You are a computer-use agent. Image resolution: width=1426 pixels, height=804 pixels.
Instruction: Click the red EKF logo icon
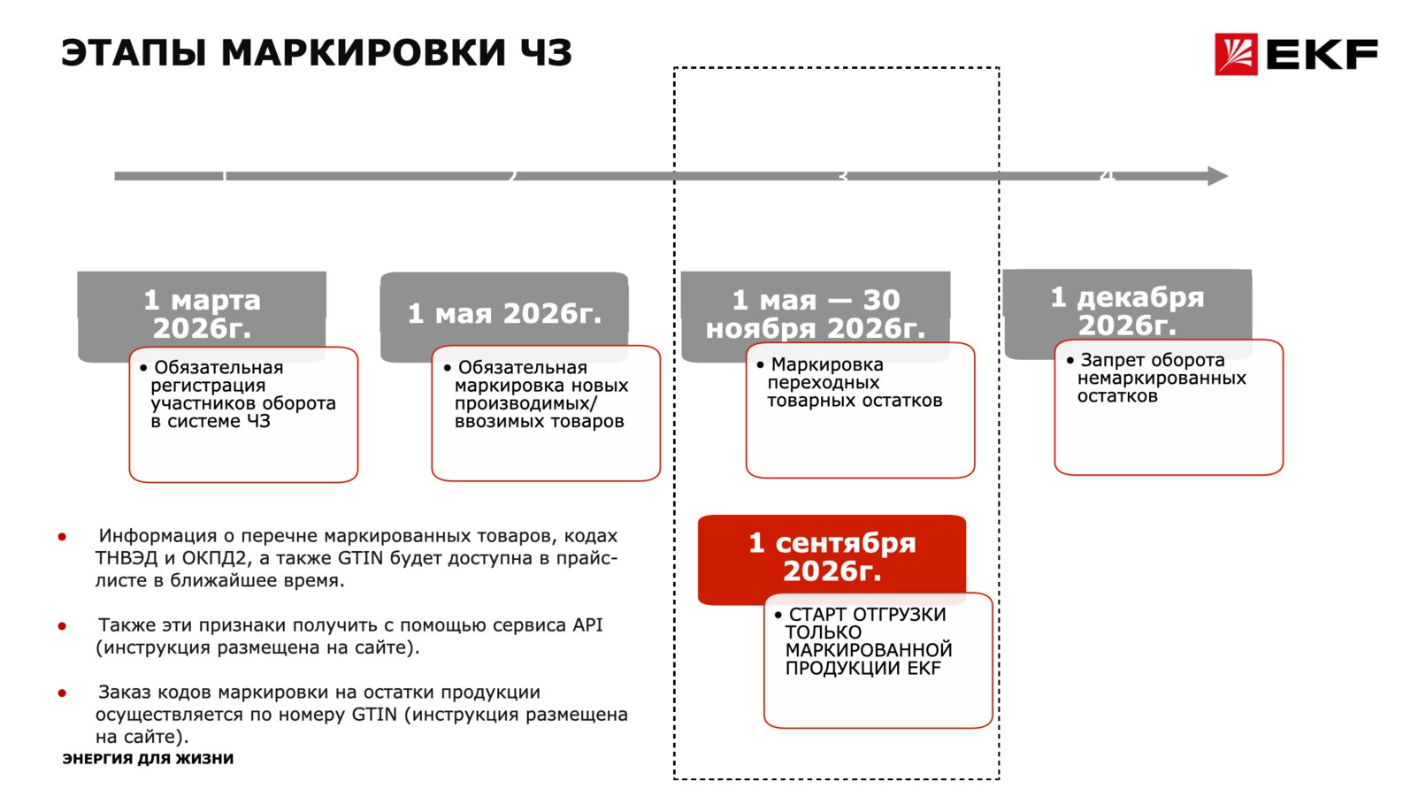(x=1236, y=54)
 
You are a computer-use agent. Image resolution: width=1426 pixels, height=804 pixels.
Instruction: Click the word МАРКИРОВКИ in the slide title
(x=364, y=52)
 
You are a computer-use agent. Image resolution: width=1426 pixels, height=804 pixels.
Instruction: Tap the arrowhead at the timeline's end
(x=1218, y=176)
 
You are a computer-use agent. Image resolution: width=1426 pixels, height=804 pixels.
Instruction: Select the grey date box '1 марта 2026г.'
(x=202, y=317)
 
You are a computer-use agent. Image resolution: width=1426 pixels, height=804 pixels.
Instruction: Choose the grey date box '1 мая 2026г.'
(x=504, y=317)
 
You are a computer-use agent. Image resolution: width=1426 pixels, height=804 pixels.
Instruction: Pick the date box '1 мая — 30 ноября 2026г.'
(x=816, y=317)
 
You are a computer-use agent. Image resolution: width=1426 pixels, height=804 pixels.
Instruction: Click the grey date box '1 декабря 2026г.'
(x=1127, y=313)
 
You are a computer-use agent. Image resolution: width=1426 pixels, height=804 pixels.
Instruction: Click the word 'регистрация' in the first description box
(x=208, y=387)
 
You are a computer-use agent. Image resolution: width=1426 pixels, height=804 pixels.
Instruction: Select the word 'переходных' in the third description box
(x=823, y=383)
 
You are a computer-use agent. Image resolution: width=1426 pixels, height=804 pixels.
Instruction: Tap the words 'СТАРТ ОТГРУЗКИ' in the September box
(x=867, y=615)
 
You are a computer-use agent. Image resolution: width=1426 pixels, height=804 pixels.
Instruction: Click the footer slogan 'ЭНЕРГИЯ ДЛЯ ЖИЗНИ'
(x=148, y=758)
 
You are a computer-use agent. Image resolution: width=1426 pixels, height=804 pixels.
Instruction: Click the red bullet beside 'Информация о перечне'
(x=62, y=537)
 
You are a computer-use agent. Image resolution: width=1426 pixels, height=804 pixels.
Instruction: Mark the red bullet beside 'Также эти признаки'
(x=62, y=626)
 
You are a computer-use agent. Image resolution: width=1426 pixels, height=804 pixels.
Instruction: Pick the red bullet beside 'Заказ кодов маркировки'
(x=62, y=693)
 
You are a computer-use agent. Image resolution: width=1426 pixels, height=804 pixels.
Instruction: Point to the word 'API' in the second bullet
(x=587, y=625)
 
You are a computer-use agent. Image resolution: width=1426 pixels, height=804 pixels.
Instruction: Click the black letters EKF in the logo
(x=1322, y=55)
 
